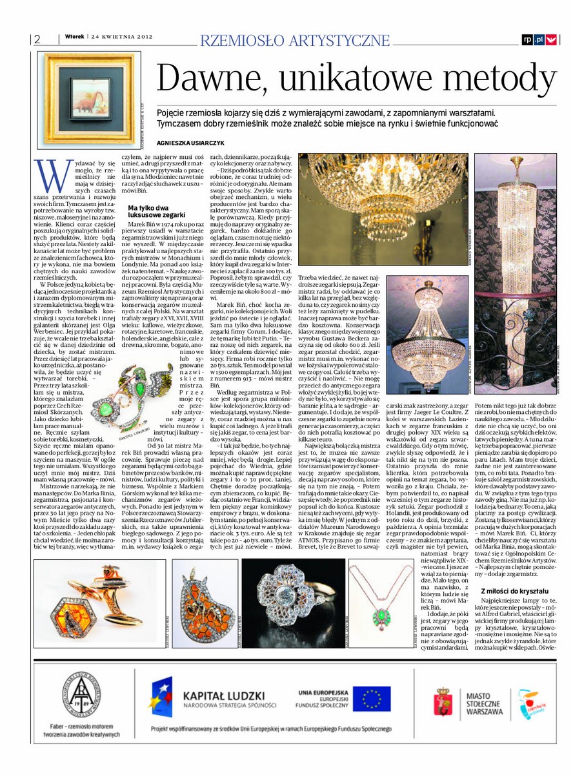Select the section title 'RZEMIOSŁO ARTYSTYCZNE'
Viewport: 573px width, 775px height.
(x=296, y=40)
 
